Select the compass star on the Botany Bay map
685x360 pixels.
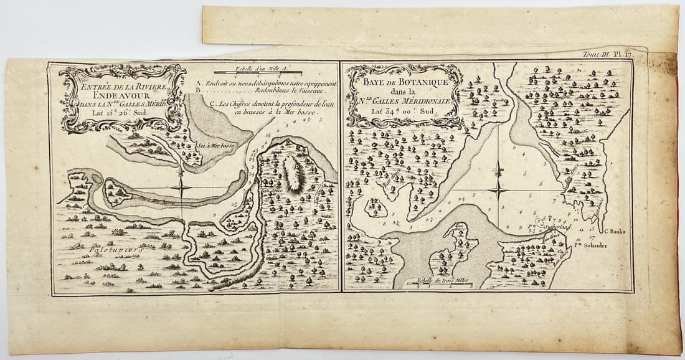tap(498, 189)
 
